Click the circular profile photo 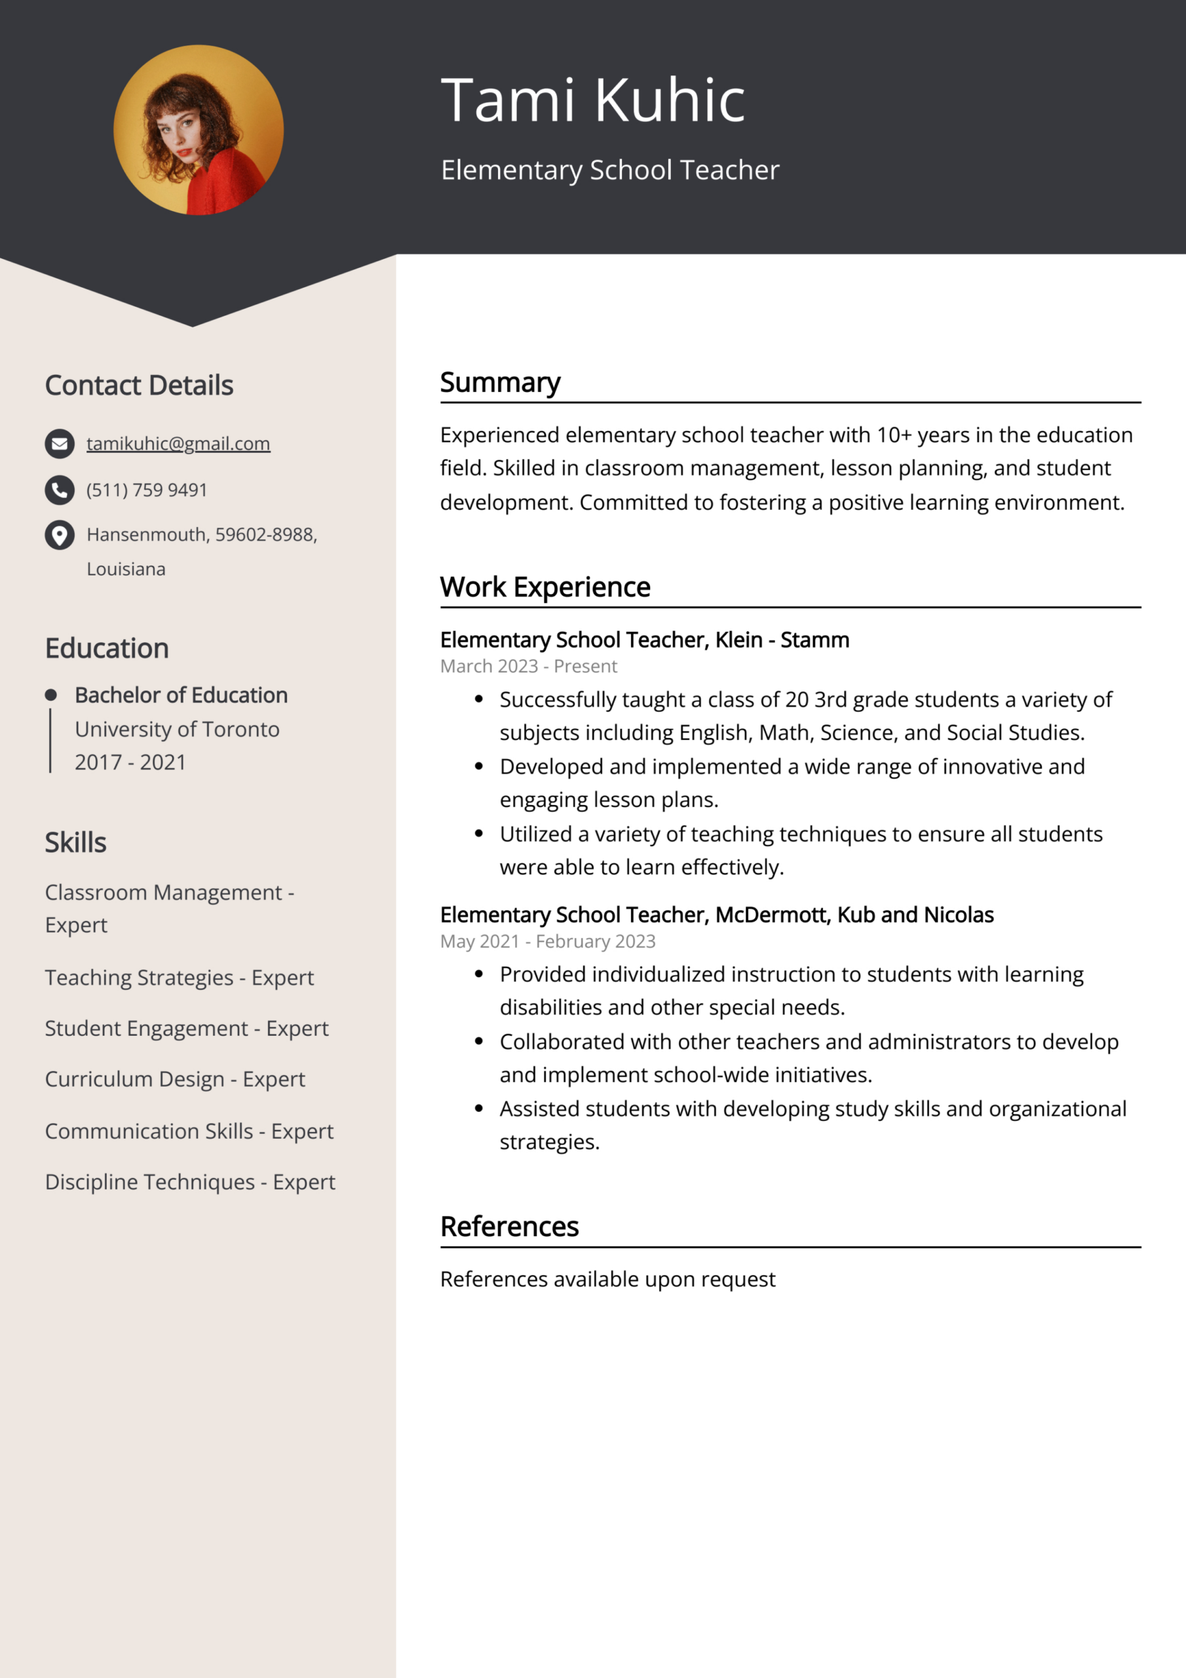(x=198, y=130)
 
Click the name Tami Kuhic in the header (x=592, y=100)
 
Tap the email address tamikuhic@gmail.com (x=178, y=444)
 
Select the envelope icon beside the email (x=60, y=444)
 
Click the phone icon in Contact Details (x=60, y=490)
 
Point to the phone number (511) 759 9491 (x=147, y=490)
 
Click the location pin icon (x=60, y=535)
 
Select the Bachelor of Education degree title (x=182, y=695)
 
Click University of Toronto (x=177, y=730)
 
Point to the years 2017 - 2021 (x=130, y=762)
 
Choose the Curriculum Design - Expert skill (x=175, y=1080)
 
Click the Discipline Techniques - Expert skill (x=190, y=1182)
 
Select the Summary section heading (x=500, y=382)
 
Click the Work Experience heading (x=545, y=587)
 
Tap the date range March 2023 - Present (x=528, y=667)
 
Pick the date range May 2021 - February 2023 (x=547, y=941)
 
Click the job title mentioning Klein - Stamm (x=645, y=640)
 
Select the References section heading (x=509, y=1226)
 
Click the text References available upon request (x=607, y=1279)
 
